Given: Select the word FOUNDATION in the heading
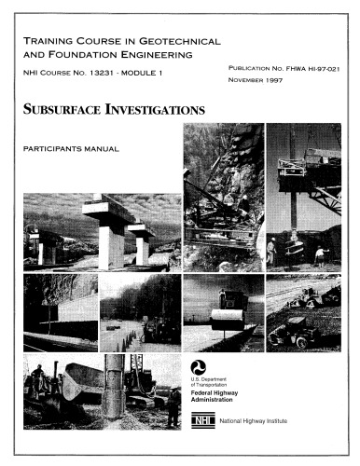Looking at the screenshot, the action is [83, 55].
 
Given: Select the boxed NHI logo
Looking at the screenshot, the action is [202, 419].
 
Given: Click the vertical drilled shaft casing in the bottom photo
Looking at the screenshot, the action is [113, 386].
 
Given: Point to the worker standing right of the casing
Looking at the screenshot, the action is [173, 406].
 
